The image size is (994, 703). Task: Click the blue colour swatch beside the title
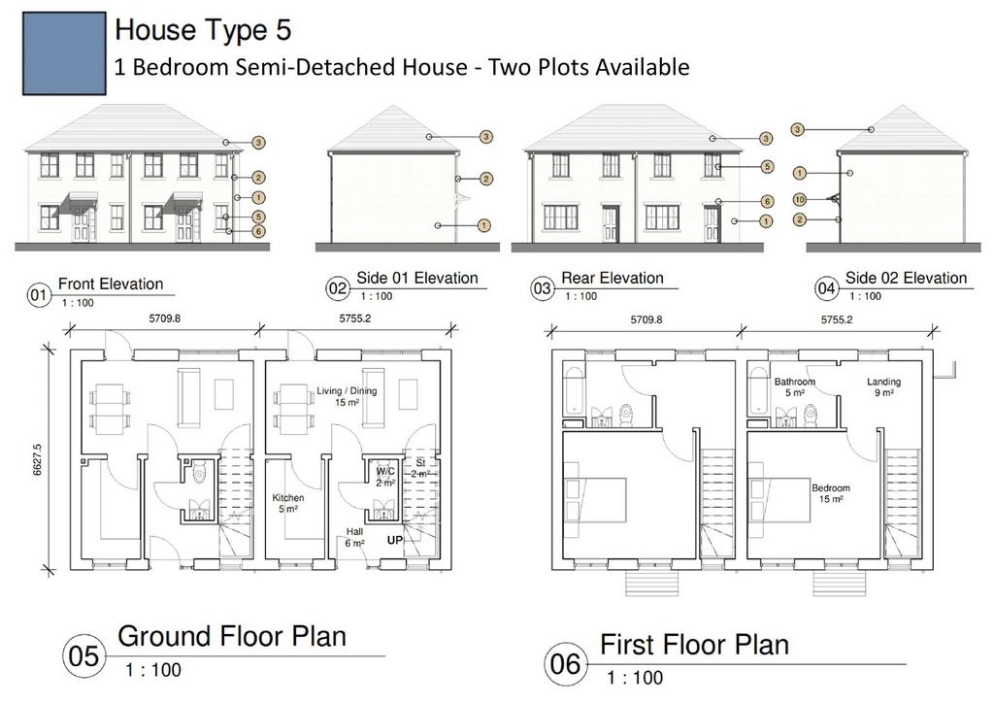pyautogui.click(x=64, y=53)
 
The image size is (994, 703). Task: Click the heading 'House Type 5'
pyautogui.click(x=203, y=30)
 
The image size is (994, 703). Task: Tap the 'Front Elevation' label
pyautogui.click(x=111, y=284)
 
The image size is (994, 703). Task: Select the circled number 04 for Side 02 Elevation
pyautogui.click(x=826, y=289)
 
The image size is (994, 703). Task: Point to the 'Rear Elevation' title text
pyautogui.click(x=613, y=278)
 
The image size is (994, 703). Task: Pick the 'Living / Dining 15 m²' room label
pyautogui.click(x=347, y=396)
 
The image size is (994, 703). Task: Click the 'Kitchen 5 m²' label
pyautogui.click(x=287, y=503)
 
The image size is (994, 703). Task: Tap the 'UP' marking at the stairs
pyautogui.click(x=395, y=541)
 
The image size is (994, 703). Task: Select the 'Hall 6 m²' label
pyautogui.click(x=354, y=538)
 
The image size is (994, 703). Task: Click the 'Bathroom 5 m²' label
pyautogui.click(x=794, y=387)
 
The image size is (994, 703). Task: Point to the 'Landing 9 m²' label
pyautogui.click(x=883, y=387)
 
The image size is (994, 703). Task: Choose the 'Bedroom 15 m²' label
pyautogui.click(x=831, y=494)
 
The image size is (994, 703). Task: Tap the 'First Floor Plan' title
pyautogui.click(x=694, y=645)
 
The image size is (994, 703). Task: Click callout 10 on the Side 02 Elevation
pyautogui.click(x=800, y=200)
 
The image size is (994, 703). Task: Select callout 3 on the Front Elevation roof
pyautogui.click(x=258, y=143)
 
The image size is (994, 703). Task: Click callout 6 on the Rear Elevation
pyautogui.click(x=767, y=202)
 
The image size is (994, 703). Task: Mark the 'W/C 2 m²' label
pyautogui.click(x=385, y=478)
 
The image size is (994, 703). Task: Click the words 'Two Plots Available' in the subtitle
pyautogui.click(x=588, y=67)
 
